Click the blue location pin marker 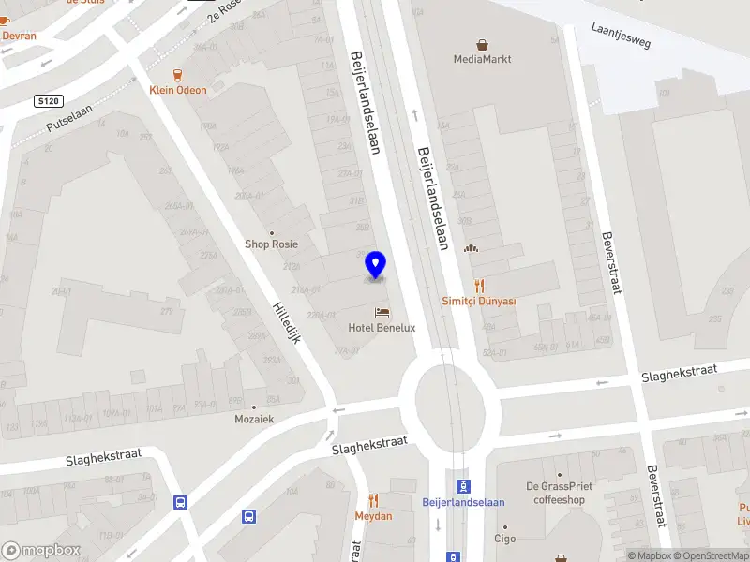coord(375,265)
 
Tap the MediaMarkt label coord(483,59)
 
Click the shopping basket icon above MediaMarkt coord(483,44)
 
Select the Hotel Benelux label coord(382,328)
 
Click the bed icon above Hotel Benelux coord(382,312)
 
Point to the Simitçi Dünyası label coord(479,301)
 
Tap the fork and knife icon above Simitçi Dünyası coord(479,285)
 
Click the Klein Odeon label coord(177,90)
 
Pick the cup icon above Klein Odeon coord(177,74)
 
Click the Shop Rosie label coord(271,244)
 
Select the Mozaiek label coord(254,419)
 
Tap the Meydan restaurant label coord(373,516)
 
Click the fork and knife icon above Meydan coord(373,500)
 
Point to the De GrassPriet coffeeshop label coord(559,493)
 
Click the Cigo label coord(505,539)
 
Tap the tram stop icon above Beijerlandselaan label coord(463,485)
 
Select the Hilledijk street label coord(285,321)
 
